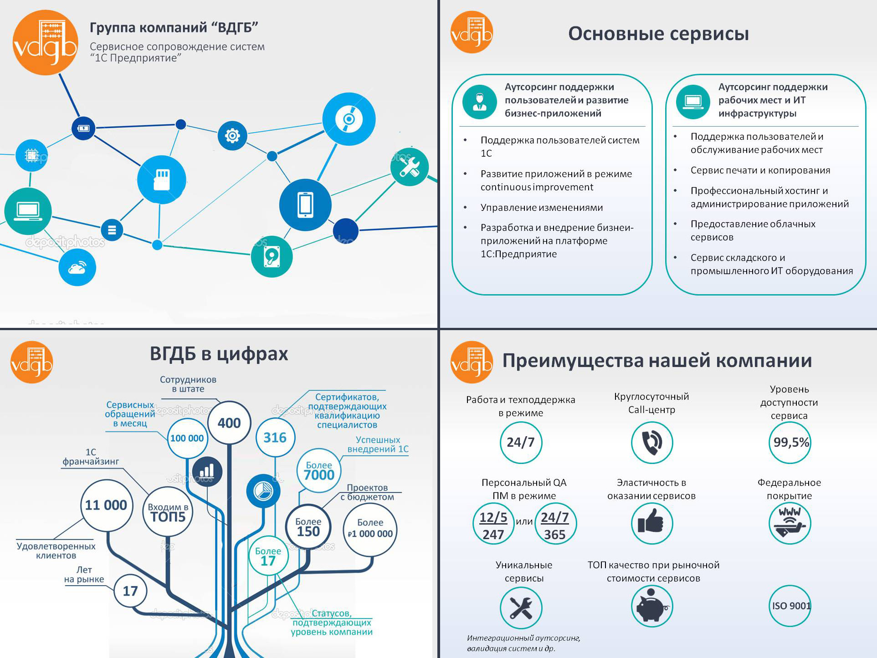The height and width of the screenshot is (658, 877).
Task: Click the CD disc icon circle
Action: pyautogui.click(x=349, y=119)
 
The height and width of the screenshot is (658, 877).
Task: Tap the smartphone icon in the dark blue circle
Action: pyautogui.click(x=305, y=205)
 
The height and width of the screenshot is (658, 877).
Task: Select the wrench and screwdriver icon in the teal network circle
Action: pyautogui.click(x=410, y=167)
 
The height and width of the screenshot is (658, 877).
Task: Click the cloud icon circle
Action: pyautogui.click(x=77, y=267)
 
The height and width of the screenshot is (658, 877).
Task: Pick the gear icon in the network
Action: pyautogui.click(x=232, y=135)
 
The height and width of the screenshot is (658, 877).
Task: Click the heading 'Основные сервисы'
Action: pyautogui.click(x=658, y=34)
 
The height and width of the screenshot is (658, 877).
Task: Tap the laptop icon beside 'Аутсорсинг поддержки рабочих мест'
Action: pyautogui.click(x=693, y=102)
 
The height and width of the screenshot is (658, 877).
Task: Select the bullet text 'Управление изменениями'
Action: pyautogui.click(x=542, y=208)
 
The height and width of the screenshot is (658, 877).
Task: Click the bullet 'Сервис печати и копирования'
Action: pyautogui.click(x=760, y=170)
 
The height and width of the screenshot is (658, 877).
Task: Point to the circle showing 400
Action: pyautogui.click(x=229, y=423)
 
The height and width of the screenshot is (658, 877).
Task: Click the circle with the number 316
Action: pyautogui.click(x=275, y=438)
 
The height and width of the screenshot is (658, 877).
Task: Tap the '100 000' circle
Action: pyautogui.click(x=187, y=438)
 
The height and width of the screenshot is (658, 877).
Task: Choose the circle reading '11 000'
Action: pyautogui.click(x=107, y=505)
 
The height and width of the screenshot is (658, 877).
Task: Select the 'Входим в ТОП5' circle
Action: pyautogui.click(x=168, y=512)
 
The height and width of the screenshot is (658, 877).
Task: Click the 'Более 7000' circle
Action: pyautogui.click(x=319, y=471)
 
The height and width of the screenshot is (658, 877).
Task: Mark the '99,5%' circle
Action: pyautogui.click(x=790, y=442)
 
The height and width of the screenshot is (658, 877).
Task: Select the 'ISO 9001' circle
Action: pyautogui.click(x=790, y=606)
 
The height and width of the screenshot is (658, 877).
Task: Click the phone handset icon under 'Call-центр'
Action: pyautogui.click(x=652, y=442)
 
